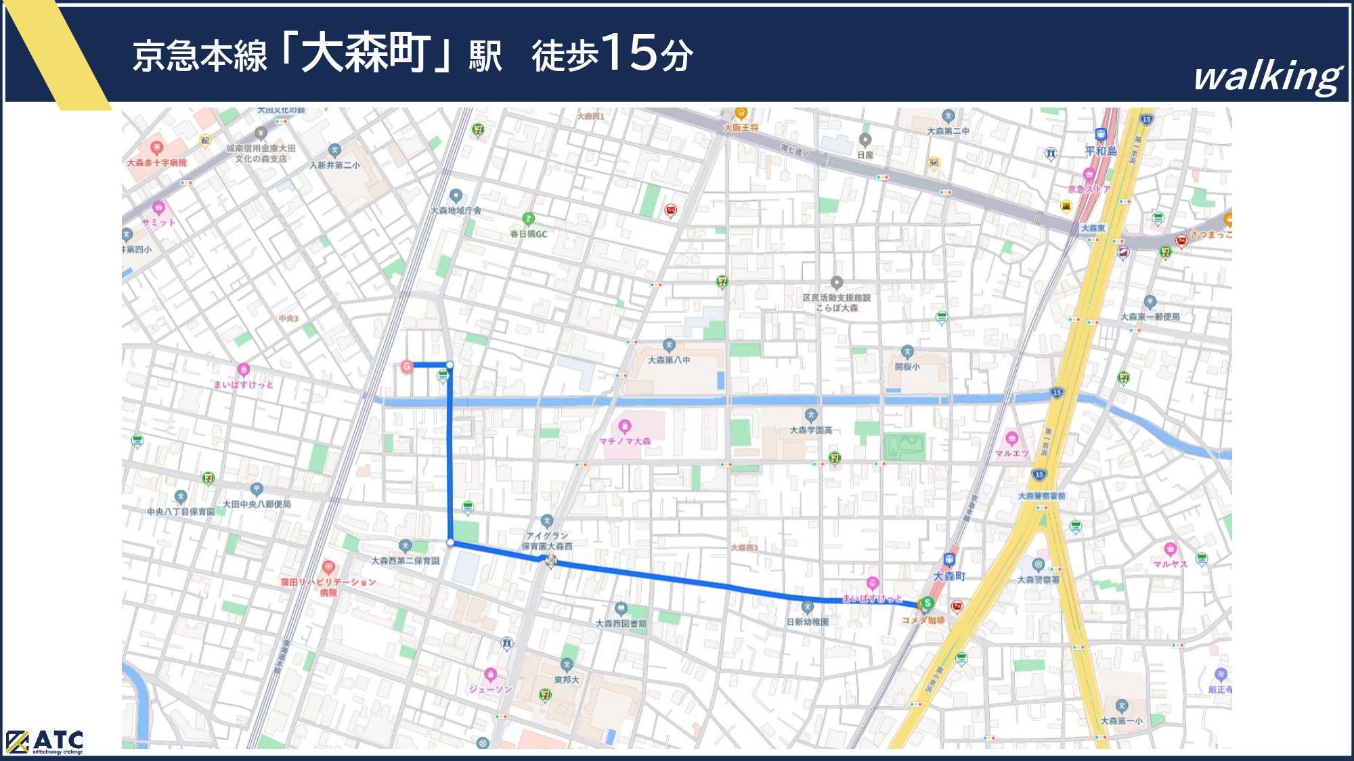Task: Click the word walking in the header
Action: coord(1267,76)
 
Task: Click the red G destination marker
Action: coord(407,366)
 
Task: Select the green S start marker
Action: coord(927,603)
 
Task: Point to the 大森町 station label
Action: coord(949,576)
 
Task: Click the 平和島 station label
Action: coord(1101,151)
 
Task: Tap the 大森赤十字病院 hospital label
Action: coord(156,162)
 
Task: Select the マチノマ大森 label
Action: coord(624,441)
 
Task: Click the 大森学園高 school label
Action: coord(811,430)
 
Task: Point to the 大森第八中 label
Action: coord(669,360)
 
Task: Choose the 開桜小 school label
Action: coord(907,367)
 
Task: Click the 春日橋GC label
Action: coord(528,234)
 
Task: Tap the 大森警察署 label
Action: coord(1038,580)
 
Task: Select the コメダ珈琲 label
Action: coord(923,620)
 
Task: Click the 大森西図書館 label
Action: coord(621,623)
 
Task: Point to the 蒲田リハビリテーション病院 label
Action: coord(328,586)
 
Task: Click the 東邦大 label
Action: coord(567,679)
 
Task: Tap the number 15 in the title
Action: coord(630,53)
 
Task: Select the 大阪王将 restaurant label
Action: coord(741,127)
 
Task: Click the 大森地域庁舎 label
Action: coord(456,210)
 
